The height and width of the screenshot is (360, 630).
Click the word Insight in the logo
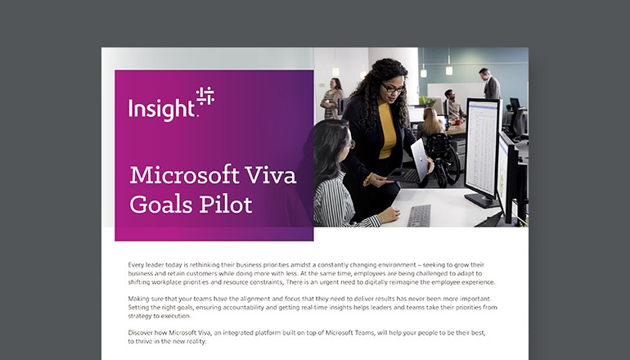coord(161,109)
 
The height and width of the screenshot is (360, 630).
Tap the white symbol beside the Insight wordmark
coord(205,97)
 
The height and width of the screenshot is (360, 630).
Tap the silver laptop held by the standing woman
coord(420,160)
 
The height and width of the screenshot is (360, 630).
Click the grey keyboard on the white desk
coord(419,215)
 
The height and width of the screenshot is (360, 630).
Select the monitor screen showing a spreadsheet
coord(483,147)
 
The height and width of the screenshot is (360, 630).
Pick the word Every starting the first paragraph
coord(138,265)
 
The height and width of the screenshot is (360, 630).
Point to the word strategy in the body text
coord(142,316)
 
